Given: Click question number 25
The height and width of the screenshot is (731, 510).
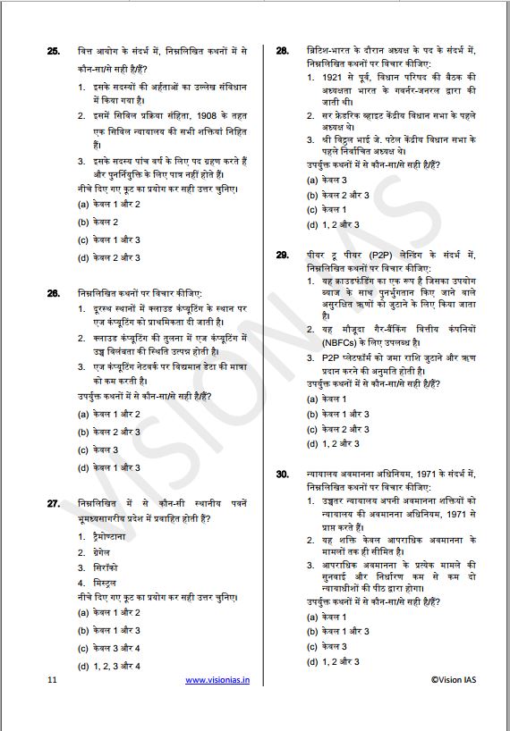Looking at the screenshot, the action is (x=53, y=52).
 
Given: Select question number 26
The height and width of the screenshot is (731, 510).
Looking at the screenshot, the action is (x=53, y=293).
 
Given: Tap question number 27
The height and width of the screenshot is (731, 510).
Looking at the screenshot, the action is (x=53, y=504).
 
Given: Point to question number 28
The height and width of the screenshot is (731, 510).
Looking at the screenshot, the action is (x=282, y=52).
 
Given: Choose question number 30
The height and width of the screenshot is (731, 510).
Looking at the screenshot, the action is (x=282, y=473).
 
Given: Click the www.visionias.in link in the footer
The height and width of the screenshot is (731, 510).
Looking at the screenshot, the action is (x=217, y=680).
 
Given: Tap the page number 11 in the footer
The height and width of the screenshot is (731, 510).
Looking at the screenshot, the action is (x=52, y=680).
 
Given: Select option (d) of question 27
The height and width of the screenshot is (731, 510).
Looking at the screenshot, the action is (x=109, y=665).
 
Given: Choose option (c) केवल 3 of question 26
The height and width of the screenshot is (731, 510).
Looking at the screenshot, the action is (x=98, y=450).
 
